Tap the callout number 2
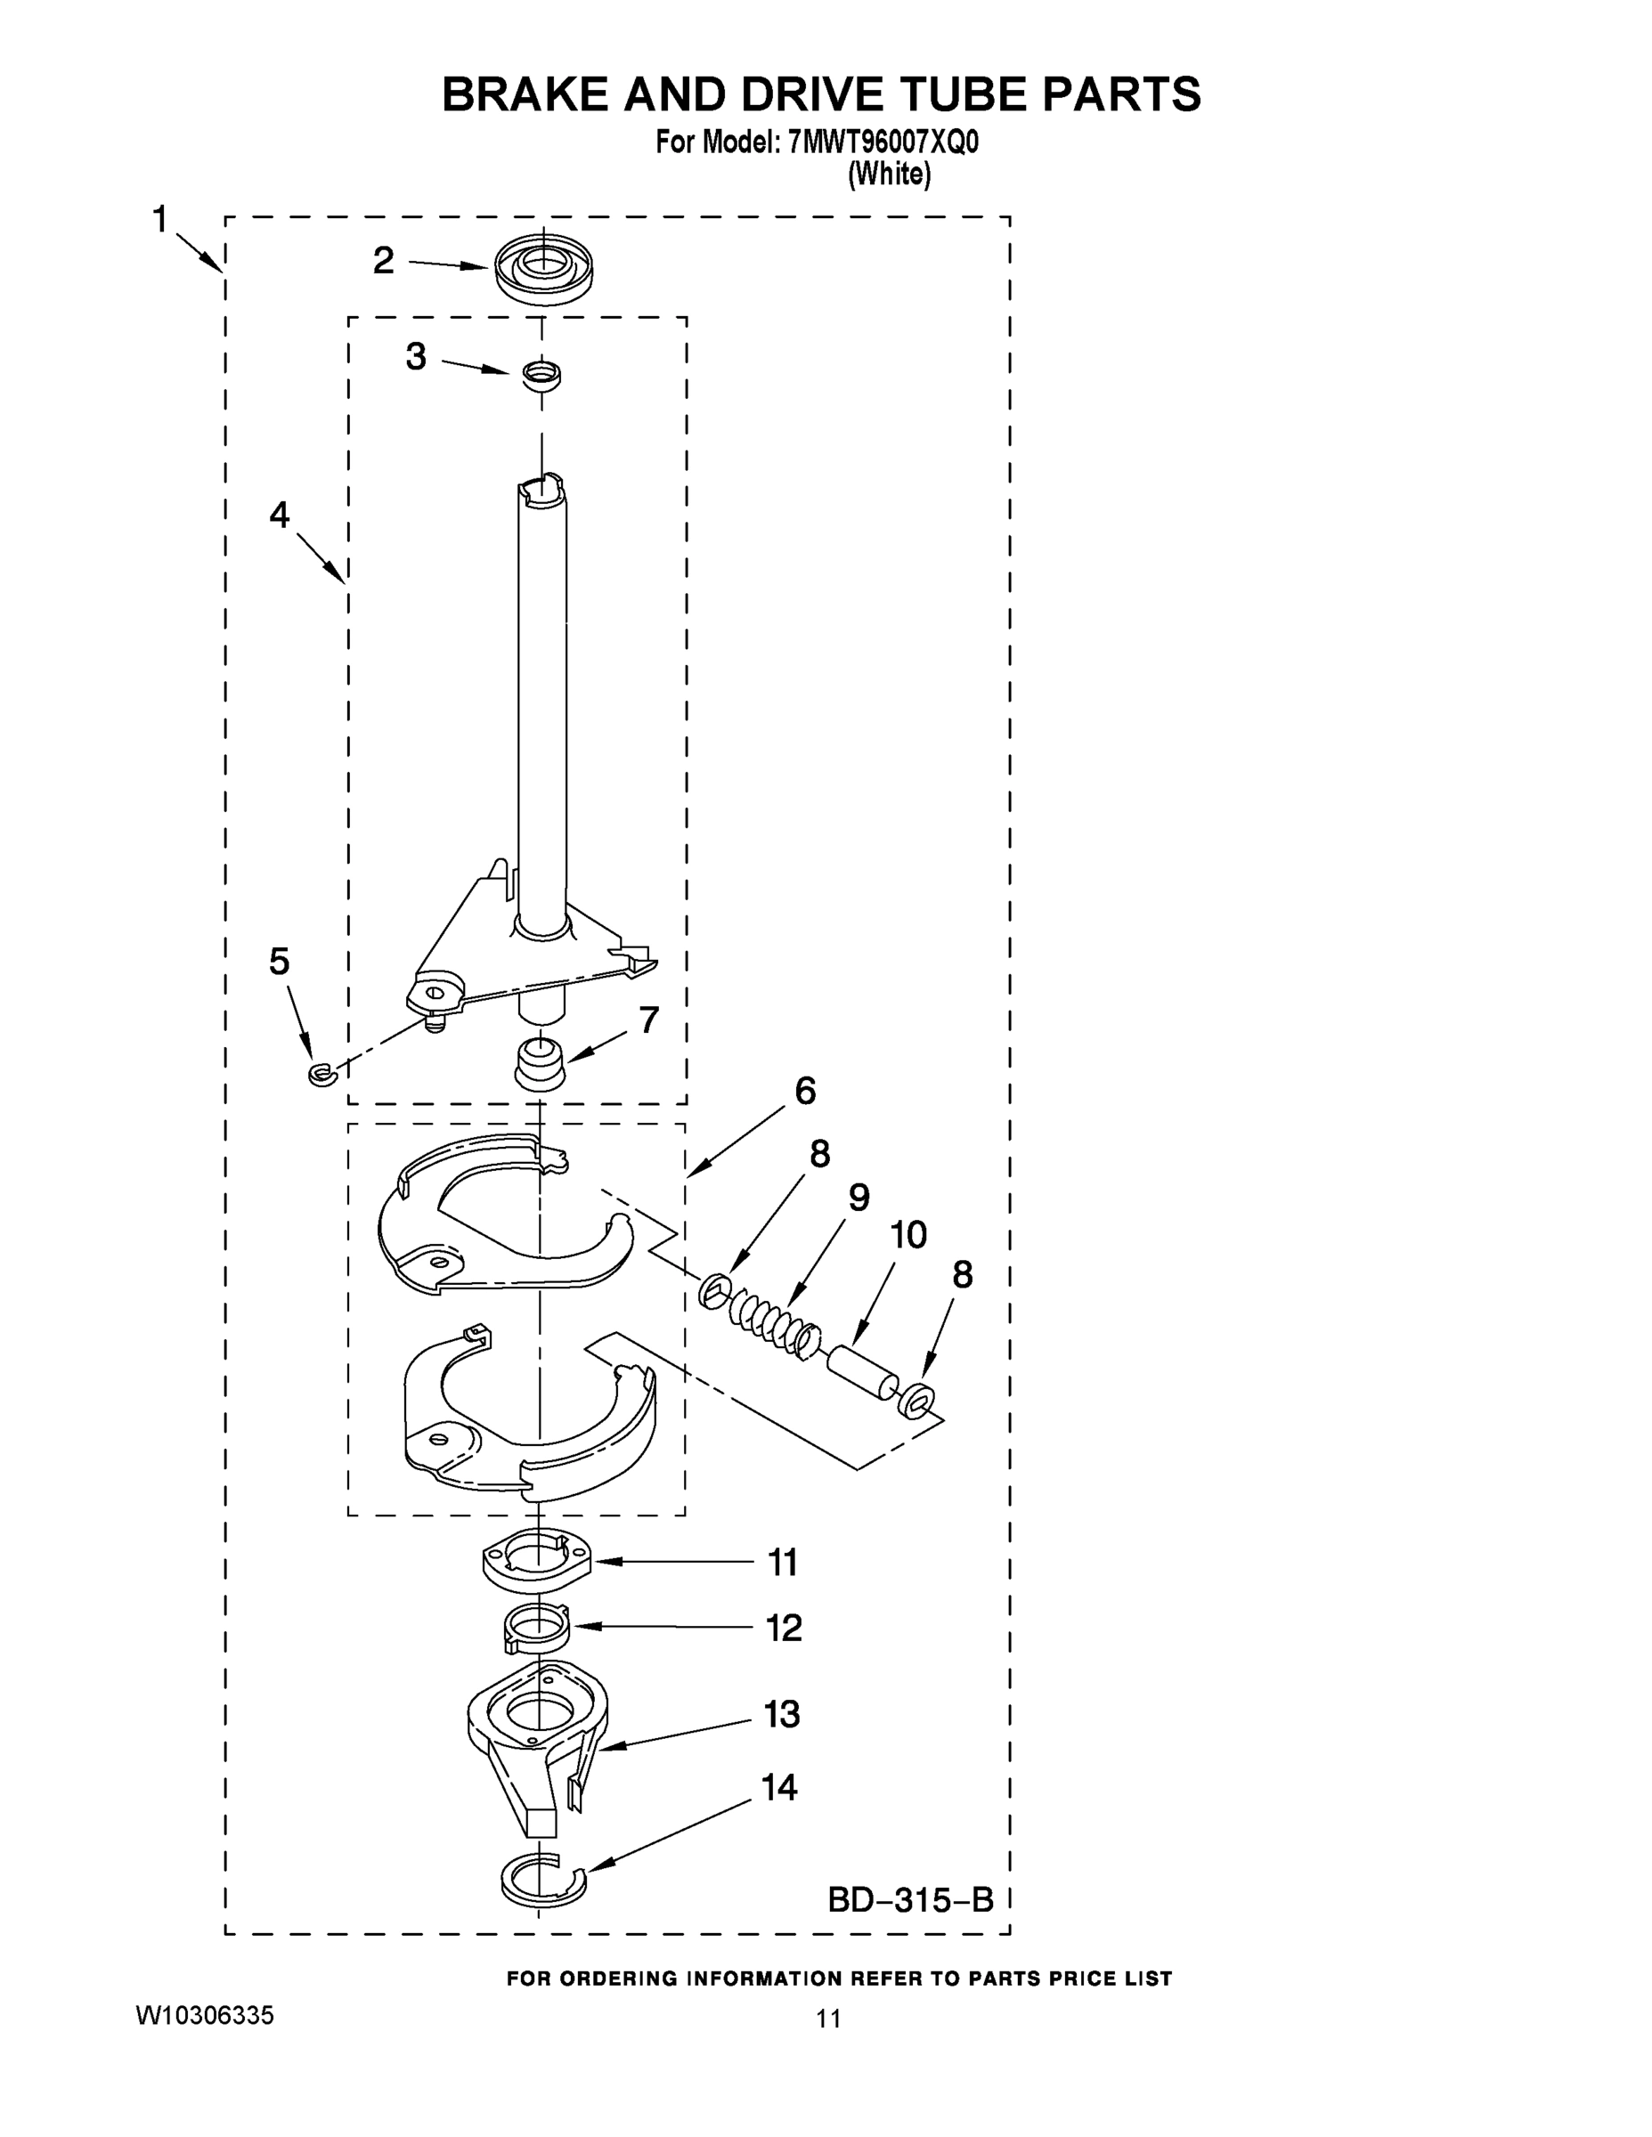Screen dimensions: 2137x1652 384,260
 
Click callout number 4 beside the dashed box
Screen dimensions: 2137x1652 280,515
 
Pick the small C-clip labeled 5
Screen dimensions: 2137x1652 321,1075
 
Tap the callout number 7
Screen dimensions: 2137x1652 649,1020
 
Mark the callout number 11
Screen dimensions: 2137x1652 782,1563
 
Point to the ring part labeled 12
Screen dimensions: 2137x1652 537,1631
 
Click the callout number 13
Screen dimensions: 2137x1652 782,1713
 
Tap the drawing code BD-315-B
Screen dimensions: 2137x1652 910,1900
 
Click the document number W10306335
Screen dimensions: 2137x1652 205,2015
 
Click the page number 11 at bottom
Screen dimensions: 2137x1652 828,2018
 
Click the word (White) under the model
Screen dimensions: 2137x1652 889,175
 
